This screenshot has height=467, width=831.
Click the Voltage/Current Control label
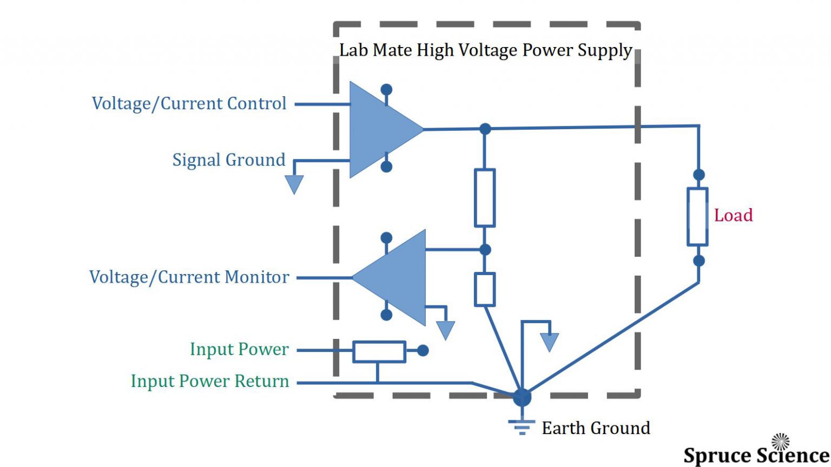point(189,103)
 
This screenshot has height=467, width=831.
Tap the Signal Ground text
point(228,160)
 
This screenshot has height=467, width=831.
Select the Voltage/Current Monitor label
point(189,277)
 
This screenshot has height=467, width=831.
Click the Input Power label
point(239,349)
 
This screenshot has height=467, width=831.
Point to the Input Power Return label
point(210,381)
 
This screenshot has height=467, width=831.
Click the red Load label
point(733,215)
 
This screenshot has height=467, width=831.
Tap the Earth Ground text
point(596,428)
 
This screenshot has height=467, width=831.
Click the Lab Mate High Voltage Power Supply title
point(485,50)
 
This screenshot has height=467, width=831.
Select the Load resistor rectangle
point(697,216)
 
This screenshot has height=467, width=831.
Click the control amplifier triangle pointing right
point(379,130)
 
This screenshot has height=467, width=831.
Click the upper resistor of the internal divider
point(485,197)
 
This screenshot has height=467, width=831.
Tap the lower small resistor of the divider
point(485,290)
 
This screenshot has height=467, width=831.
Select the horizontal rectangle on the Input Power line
point(379,351)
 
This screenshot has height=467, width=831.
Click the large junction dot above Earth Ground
point(522,397)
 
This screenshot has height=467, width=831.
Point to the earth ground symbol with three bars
point(522,427)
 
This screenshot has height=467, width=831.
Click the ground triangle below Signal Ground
point(294,184)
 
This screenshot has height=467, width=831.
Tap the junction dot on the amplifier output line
point(485,129)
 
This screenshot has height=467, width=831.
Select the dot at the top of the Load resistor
point(698,175)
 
